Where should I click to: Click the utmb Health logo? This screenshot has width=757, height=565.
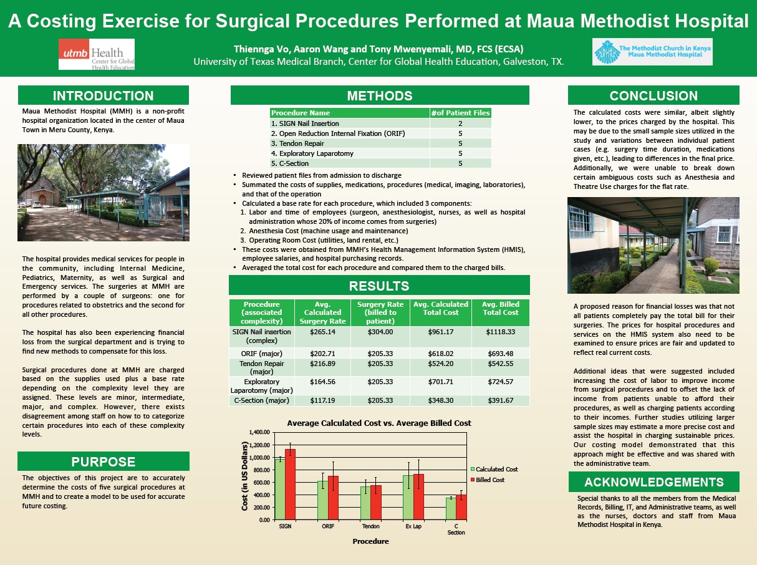tap(96, 54)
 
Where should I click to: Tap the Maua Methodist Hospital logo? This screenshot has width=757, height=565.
tap(652, 52)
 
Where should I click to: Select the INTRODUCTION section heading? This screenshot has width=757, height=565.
tap(103, 96)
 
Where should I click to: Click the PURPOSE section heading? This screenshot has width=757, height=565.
tap(103, 462)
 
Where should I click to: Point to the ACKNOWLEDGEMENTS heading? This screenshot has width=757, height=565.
tap(653, 482)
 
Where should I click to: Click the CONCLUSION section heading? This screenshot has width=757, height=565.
tap(653, 96)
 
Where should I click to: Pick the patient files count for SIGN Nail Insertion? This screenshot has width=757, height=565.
tap(460, 123)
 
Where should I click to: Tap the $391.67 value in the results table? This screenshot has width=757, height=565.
tap(501, 400)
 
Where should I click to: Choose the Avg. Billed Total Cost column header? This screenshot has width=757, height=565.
tap(501, 309)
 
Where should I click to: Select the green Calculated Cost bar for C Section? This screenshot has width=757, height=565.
tap(450, 508)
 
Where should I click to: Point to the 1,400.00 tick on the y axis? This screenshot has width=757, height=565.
tap(260, 432)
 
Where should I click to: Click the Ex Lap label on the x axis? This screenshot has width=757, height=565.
tap(413, 527)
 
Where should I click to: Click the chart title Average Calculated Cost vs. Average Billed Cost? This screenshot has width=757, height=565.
tap(378, 423)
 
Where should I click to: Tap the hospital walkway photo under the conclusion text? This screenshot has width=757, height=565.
tap(653, 245)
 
